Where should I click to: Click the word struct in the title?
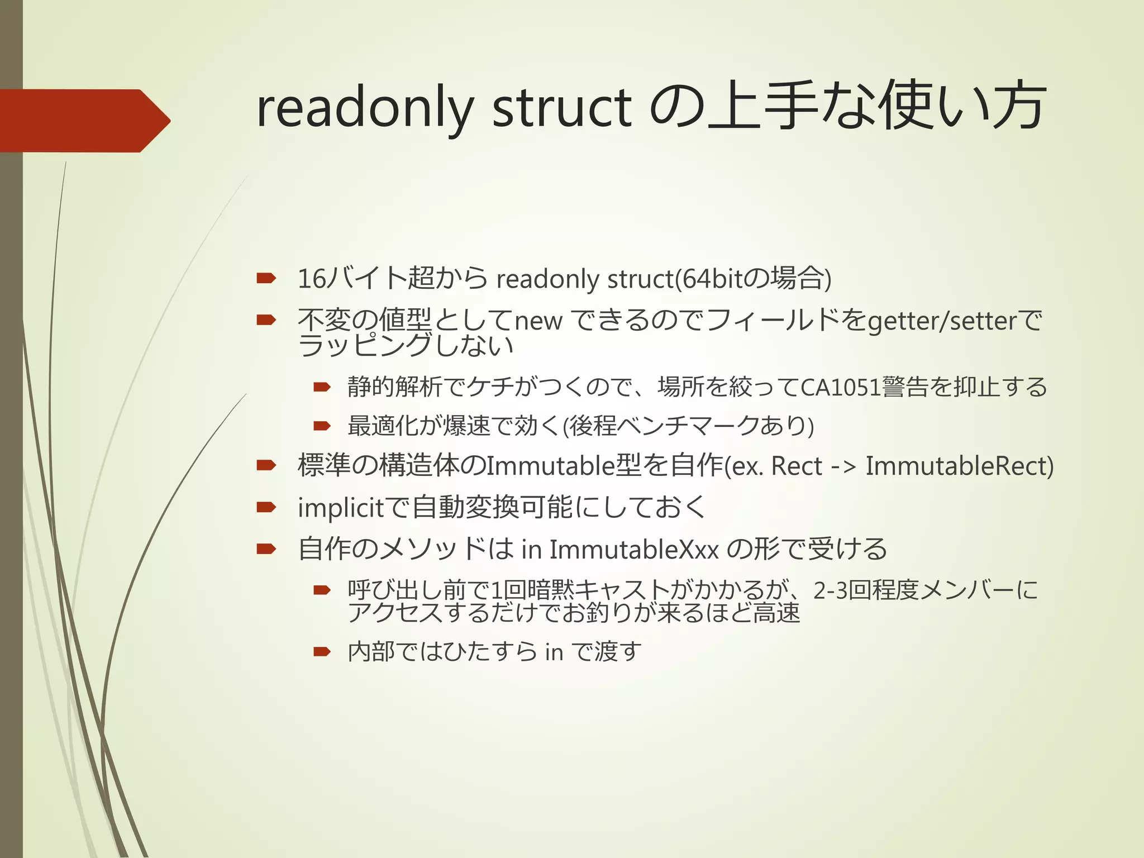click(x=561, y=109)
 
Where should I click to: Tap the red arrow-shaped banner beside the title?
click(x=84, y=121)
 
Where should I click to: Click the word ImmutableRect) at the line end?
click(x=959, y=466)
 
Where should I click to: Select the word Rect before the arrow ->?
click(x=796, y=466)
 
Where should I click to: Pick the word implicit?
click(x=341, y=508)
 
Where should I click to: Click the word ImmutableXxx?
click(x=634, y=550)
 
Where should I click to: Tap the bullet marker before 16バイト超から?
click(x=266, y=278)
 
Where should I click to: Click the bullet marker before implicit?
click(x=266, y=507)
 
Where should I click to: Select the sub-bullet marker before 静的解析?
click(x=322, y=387)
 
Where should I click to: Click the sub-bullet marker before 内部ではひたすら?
click(x=322, y=651)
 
